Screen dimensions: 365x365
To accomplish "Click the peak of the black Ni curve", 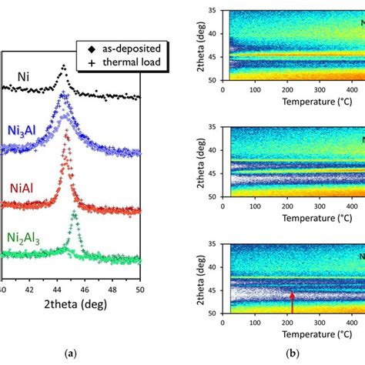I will (x=63, y=67).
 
